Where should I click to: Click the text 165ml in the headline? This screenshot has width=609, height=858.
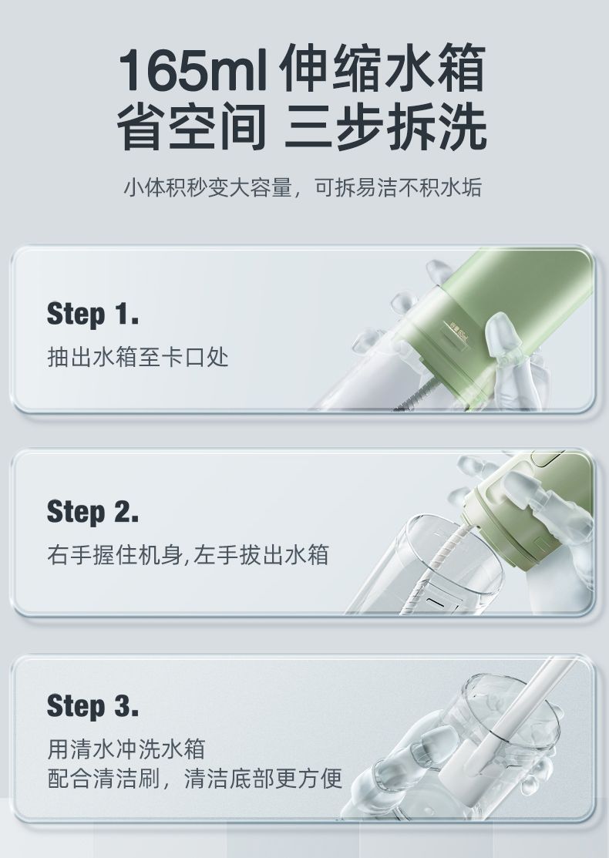pos(193,69)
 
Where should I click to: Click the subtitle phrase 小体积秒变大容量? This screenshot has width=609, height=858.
pos(207,187)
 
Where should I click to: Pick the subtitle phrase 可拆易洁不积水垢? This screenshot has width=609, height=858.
pos(398,187)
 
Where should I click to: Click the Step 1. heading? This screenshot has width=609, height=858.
pos(93,314)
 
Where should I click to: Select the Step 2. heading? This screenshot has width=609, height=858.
pos(93,512)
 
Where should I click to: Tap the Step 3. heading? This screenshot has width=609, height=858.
pos(93,706)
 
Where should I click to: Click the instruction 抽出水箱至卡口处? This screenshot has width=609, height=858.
pos(138,358)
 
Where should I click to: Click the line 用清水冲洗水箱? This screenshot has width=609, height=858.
pos(126,749)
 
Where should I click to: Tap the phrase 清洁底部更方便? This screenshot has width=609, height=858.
pos(263,779)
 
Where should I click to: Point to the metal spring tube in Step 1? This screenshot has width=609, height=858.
pos(418,392)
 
